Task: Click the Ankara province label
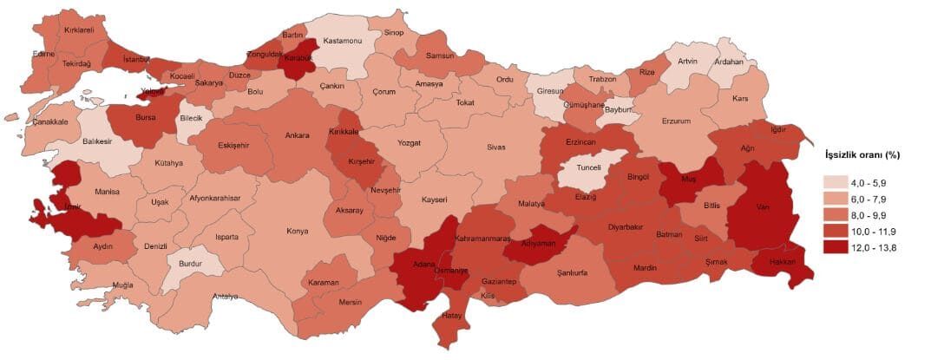point(297,135)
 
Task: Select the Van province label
point(764,207)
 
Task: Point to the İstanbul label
point(136,59)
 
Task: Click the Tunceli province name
point(590,167)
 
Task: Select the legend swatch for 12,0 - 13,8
point(835,247)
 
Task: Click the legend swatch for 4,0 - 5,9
point(835,182)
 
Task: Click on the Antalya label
point(225,296)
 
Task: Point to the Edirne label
point(43,54)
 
